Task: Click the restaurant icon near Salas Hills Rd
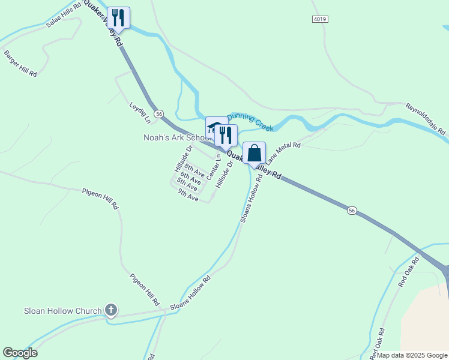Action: pyautogui.click(x=118, y=17)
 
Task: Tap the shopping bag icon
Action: pyautogui.click(x=254, y=153)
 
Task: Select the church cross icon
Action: pyautogui.click(x=110, y=310)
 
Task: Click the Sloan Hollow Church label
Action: pyautogui.click(x=62, y=311)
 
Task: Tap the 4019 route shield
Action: pyautogui.click(x=320, y=20)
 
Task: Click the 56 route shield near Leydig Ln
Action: pyautogui.click(x=158, y=113)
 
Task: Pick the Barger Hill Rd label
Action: pyautogui.click(x=20, y=63)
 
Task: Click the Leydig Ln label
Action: pyautogui.click(x=138, y=109)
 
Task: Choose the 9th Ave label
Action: pyautogui.click(x=188, y=196)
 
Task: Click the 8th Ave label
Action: pyautogui.click(x=194, y=169)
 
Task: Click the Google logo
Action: pyautogui.click(x=20, y=353)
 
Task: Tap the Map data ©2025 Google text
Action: pyautogui.click(x=412, y=355)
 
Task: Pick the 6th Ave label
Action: pyautogui.click(x=190, y=177)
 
